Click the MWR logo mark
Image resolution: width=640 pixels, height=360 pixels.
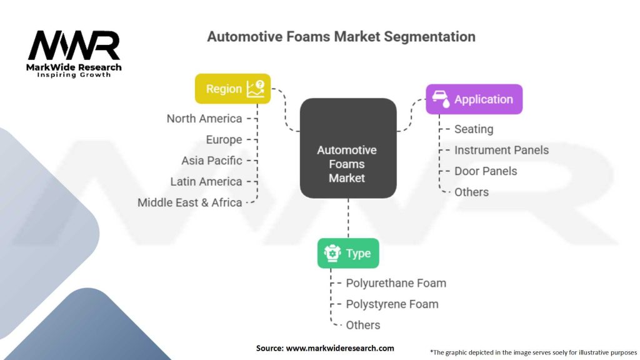(x=74, y=46)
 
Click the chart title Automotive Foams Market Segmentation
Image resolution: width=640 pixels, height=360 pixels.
(x=341, y=36)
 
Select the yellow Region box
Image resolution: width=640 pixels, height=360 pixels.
(x=232, y=89)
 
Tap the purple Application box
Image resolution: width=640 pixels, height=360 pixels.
(x=474, y=99)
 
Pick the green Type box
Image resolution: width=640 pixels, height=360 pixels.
(x=347, y=253)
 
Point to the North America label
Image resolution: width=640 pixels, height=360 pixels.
(x=204, y=119)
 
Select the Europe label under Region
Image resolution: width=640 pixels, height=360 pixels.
(x=224, y=139)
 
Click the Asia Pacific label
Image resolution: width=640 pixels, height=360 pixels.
(x=212, y=161)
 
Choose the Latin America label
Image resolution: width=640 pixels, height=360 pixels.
(x=206, y=181)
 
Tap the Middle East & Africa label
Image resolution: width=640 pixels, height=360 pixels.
(x=190, y=202)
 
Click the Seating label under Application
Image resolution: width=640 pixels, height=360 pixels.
(x=474, y=129)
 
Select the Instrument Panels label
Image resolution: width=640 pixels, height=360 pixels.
(x=501, y=150)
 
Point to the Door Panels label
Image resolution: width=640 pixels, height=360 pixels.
(x=486, y=171)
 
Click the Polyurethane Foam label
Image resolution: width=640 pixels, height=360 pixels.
(x=396, y=283)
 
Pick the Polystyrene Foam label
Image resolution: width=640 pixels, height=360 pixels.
(x=392, y=304)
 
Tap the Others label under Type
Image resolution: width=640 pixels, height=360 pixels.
(x=363, y=325)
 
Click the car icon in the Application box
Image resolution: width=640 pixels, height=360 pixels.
(x=441, y=99)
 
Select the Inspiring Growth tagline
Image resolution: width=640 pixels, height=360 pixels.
(x=74, y=75)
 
